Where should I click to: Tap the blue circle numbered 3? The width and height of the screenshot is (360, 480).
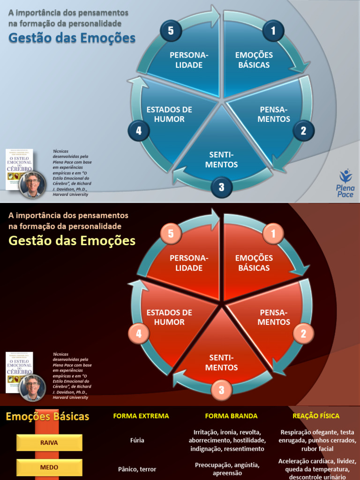[221, 187]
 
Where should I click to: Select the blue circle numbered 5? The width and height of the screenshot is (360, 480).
[171, 31]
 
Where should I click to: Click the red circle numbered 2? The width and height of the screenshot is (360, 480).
[303, 334]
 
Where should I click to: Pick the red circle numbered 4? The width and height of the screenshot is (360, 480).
[139, 334]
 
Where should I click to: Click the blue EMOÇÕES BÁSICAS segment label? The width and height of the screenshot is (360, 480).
[254, 60]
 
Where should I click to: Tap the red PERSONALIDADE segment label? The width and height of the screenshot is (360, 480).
[189, 263]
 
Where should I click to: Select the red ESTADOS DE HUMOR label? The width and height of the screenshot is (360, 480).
[169, 317]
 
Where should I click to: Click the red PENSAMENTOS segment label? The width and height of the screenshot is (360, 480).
[274, 317]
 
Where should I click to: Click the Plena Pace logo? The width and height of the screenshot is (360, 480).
[345, 183]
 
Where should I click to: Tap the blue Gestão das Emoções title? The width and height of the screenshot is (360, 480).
[72, 38]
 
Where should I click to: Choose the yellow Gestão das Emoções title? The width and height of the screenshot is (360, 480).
[72, 241]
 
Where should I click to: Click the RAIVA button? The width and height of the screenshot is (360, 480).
[49, 442]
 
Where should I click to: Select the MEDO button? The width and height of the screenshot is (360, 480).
[49, 467]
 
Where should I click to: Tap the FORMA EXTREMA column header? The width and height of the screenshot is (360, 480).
[141, 416]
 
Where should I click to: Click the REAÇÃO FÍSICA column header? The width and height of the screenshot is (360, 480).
[316, 416]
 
